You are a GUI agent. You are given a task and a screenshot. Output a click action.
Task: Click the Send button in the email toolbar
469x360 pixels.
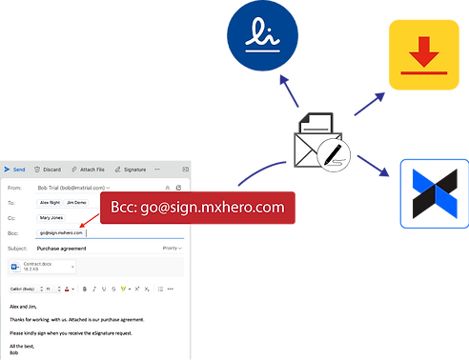(15, 170)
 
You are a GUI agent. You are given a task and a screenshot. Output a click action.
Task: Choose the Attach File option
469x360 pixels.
(87, 170)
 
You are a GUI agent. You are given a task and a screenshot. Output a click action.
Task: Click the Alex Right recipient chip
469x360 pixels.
(50, 203)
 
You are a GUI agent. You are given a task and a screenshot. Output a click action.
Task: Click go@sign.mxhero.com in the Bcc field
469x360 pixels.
(62, 231)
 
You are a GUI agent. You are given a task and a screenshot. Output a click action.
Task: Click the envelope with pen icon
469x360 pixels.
(320, 144)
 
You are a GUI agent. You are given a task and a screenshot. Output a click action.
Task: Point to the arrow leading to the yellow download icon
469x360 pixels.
(368, 104)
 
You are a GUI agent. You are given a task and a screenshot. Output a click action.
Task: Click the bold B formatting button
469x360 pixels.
(84, 288)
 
